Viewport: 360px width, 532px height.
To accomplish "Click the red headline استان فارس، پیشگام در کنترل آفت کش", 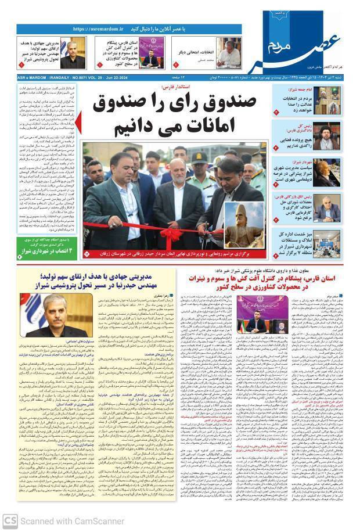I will point(269,282).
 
